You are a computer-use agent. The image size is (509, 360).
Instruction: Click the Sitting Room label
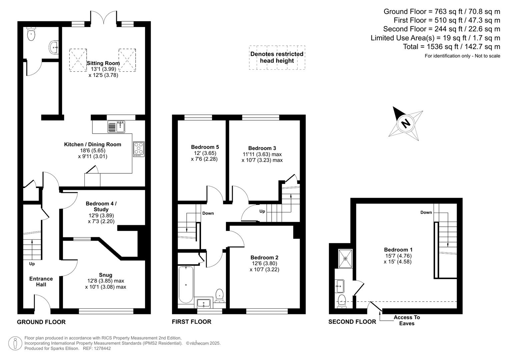(103, 63)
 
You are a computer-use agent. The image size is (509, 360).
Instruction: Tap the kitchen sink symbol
(116, 127)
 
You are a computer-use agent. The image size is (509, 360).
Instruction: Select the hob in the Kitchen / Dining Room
(139, 149)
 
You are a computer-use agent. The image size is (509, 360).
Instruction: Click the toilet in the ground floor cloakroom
(31, 35)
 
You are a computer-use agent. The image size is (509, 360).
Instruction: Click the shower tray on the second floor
(345, 258)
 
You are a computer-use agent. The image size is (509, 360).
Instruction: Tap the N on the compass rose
(406, 123)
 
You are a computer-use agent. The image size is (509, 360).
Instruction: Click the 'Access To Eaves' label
(407, 320)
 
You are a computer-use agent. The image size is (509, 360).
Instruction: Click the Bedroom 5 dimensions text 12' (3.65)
(204, 153)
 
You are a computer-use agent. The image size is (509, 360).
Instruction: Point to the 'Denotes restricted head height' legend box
(277, 57)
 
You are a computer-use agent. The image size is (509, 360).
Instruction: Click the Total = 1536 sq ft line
(451, 47)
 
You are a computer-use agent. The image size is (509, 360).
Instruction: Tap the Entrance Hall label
(41, 282)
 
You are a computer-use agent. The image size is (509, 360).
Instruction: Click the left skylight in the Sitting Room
(78, 60)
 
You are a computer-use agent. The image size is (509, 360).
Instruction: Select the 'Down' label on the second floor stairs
(426, 212)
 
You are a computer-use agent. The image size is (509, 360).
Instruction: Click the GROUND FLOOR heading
(41, 322)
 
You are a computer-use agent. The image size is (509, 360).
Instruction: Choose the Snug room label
(105, 275)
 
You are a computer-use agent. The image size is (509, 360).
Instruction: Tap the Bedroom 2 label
(264, 257)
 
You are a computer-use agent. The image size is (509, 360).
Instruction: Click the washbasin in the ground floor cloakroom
(53, 47)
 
